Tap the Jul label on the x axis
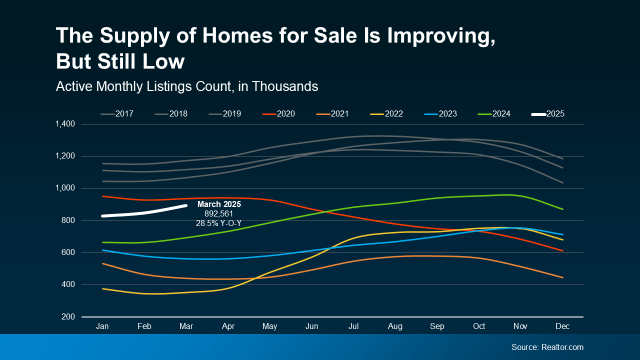353,326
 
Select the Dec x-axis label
563,326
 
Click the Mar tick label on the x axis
186,326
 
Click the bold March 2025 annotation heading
219,204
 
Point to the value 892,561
219,213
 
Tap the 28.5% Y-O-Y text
218,223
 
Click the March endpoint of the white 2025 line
186,205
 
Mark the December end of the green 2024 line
563,209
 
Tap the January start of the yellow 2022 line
102,288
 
